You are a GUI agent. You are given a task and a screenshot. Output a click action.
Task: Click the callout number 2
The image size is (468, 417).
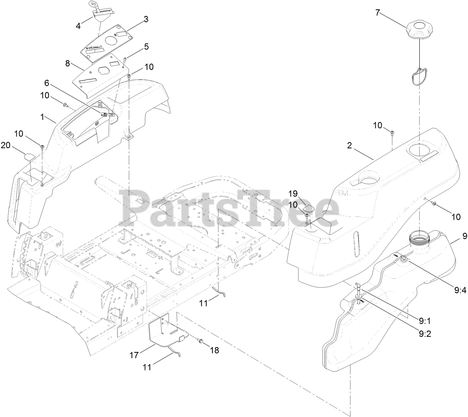click(350, 146)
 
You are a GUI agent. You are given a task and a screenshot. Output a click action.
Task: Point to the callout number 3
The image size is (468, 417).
click(146, 19)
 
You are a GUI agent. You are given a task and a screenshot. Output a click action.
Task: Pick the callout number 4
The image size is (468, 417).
click(78, 26)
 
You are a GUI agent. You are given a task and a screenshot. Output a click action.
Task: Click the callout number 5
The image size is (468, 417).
click(146, 47)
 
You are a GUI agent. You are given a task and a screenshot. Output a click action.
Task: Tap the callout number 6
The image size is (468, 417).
click(47, 83)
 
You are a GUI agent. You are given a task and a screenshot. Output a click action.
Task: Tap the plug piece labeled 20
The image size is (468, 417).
click(30, 157)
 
